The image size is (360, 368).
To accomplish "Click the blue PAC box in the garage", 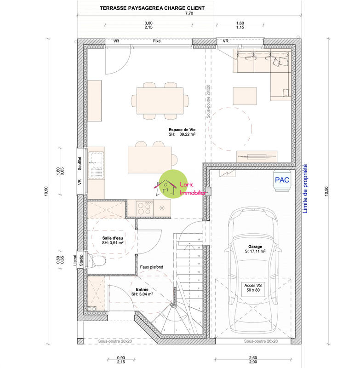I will pyautogui.click(x=282, y=179).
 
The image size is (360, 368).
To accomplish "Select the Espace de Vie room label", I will pyautogui.click(x=182, y=132).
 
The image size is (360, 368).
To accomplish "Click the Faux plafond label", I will pyautogui.click(x=151, y=267).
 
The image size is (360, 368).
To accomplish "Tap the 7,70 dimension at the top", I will pyautogui.click(x=189, y=14).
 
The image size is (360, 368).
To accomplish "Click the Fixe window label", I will pyautogui.click(x=157, y=41).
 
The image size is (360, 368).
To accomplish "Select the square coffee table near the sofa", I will pyautogui.click(x=244, y=96).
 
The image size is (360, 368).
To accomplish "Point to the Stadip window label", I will pyautogui.click(x=81, y=260).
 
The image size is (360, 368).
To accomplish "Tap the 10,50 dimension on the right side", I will pyautogui.click(x=327, y=191).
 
